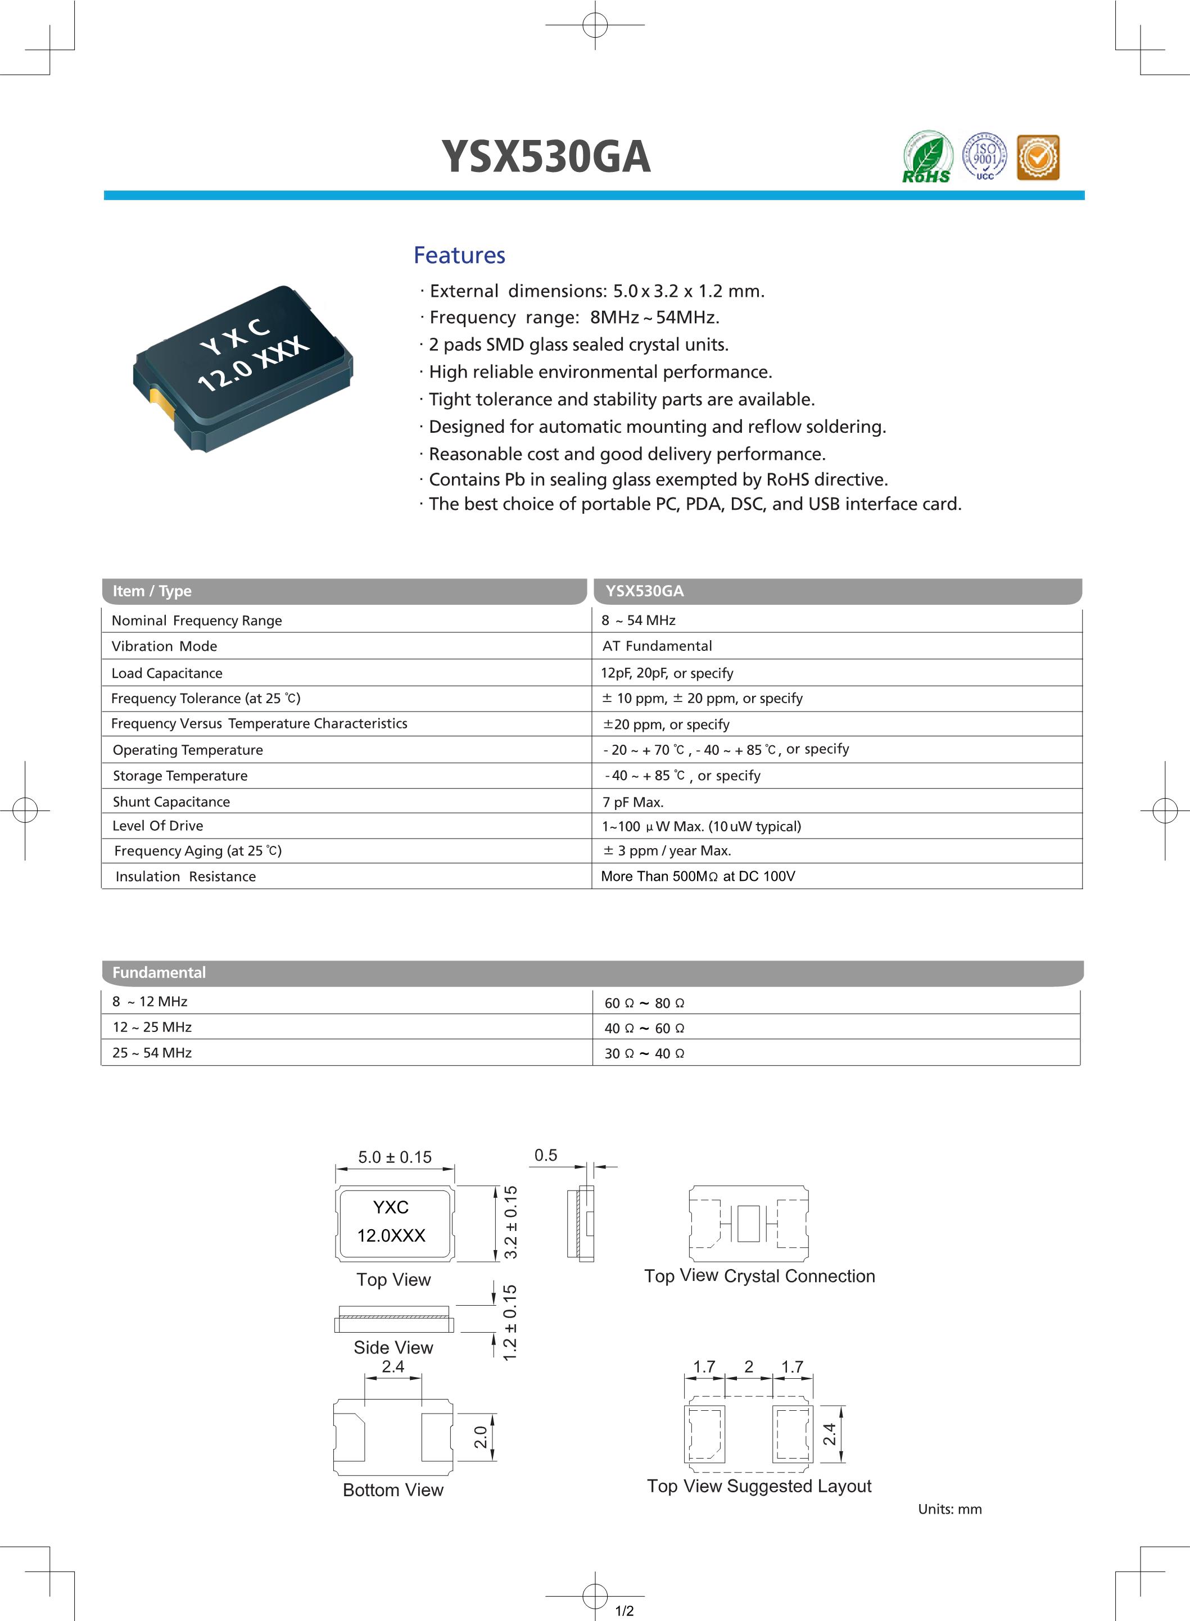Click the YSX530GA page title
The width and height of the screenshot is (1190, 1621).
(x=545, y=156)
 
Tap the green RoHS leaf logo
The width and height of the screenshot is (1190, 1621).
(x=927, y=156)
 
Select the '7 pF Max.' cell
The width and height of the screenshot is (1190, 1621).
(x=633, y=802)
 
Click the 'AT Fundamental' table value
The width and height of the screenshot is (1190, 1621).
(x=657, y=646)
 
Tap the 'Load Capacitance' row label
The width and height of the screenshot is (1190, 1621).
(x=167, y=673)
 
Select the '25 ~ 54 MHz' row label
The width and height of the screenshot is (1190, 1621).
(x=152, y=1053)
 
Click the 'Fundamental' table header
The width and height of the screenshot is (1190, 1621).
(x=159, y=972)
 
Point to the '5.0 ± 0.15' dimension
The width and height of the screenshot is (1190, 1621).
(x=395, y=1157)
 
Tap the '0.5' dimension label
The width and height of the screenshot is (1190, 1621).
(x=545, y=1155)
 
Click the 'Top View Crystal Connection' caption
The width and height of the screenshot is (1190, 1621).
(x=759, y=1276)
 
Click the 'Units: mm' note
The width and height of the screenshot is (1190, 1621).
(x=949, y=1509)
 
